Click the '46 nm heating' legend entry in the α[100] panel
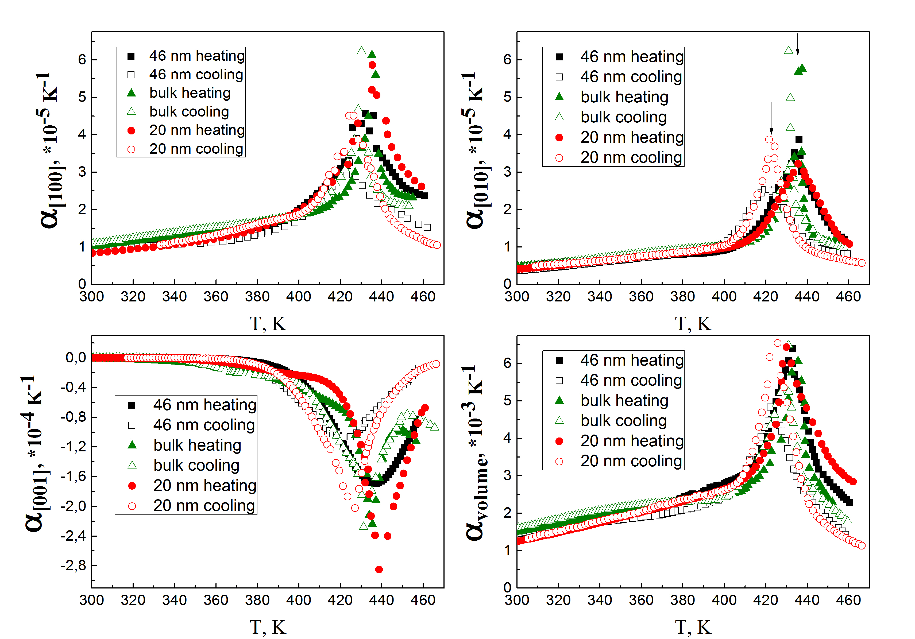click(196, 56)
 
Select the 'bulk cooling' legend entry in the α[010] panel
click(623, 117)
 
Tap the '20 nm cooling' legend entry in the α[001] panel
click(204, 506)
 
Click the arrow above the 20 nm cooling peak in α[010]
click(771, 118)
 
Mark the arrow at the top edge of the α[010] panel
click(797, 44)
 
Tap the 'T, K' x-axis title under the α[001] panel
click(268, 628)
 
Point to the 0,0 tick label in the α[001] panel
click(76, 358)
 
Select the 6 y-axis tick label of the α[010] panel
click(507, 60)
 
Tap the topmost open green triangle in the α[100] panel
click(361, 51)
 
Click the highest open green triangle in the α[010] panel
click(788, 50)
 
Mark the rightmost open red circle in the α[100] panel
click(437, 245)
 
